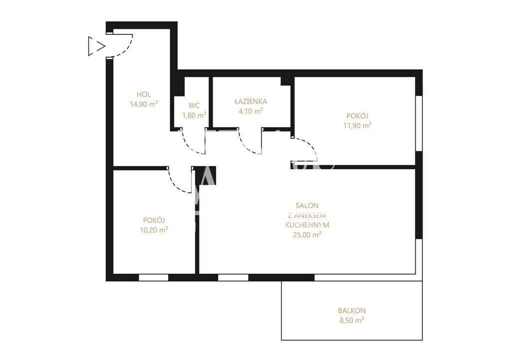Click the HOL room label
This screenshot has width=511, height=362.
pos(144,94)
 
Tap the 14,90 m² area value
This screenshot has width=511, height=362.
pos(144,104)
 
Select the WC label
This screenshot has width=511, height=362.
pos(194,106)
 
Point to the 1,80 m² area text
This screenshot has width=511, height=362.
pos(194,115)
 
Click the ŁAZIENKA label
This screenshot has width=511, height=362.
pos(251,101)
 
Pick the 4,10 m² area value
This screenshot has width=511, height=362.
pos(251,111)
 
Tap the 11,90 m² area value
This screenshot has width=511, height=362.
pos(357,125)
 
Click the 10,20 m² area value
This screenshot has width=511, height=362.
pos(154,230)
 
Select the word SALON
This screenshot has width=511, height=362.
pos(307,205)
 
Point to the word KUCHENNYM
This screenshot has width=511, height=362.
pos(307,225)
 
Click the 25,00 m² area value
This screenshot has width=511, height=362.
pos(307,235)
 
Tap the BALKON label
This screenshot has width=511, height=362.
pos(352,311)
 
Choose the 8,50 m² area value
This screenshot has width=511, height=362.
pos(352,320)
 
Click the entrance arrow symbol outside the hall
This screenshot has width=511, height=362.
pos(96,46)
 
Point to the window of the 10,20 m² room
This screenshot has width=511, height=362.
pos(154,278)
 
